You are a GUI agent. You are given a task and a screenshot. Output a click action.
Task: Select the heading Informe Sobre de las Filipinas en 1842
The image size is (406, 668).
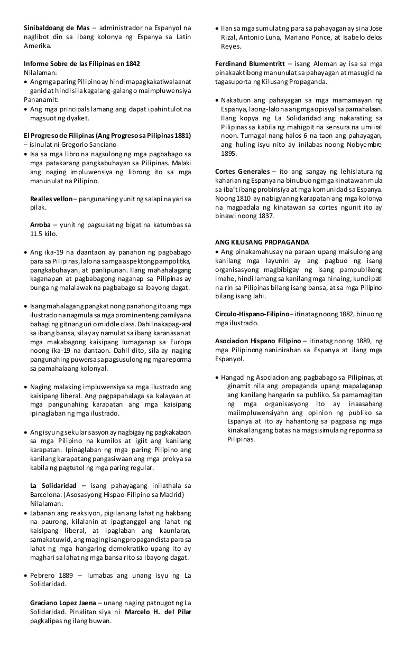tap(82, 64)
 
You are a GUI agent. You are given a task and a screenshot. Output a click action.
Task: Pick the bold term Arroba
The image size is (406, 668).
tap(41, 225)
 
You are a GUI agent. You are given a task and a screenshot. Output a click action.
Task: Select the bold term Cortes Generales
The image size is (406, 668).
tap(243, 171)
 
